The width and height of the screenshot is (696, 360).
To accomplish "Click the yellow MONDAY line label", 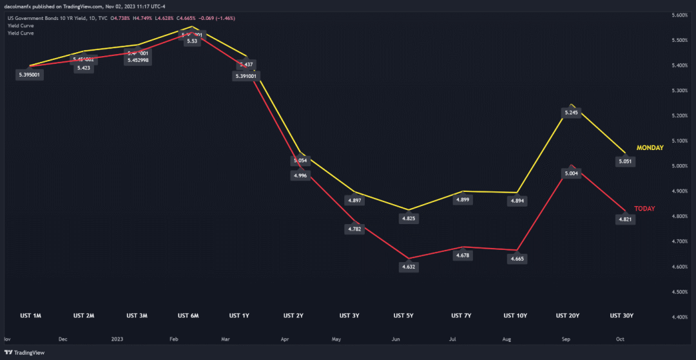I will pyautogui.click(x=650, y=147).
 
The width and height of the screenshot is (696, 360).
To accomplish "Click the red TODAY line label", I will pyautogui.click(x=644, y=209).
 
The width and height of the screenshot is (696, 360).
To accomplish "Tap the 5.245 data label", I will pyautogui.click(x=571, y=113).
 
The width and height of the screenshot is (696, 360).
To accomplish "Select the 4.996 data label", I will pyautogui.click(x=300, y=175).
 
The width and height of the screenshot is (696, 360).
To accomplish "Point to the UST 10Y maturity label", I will pyautogui.click(x=515, y=316).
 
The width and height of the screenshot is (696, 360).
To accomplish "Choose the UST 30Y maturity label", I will pyautogui.click(x=622, y=316).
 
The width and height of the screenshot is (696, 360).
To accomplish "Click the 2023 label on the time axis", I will pyautogui.click(x=117, y=338).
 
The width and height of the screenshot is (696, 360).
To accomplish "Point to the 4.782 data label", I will pyautogui.click(x=354, y=229).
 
